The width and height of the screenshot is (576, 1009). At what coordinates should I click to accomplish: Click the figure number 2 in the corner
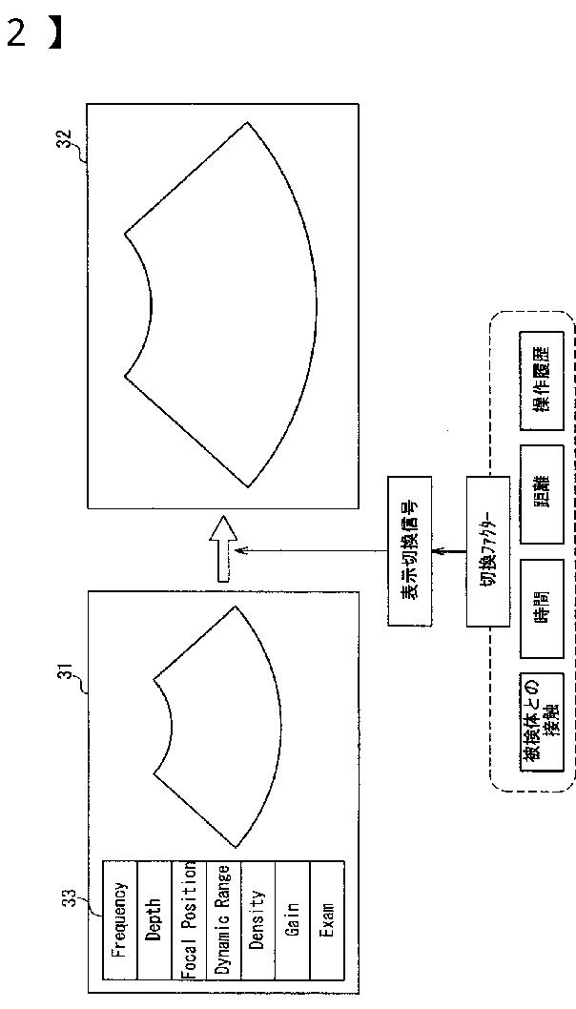16,33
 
